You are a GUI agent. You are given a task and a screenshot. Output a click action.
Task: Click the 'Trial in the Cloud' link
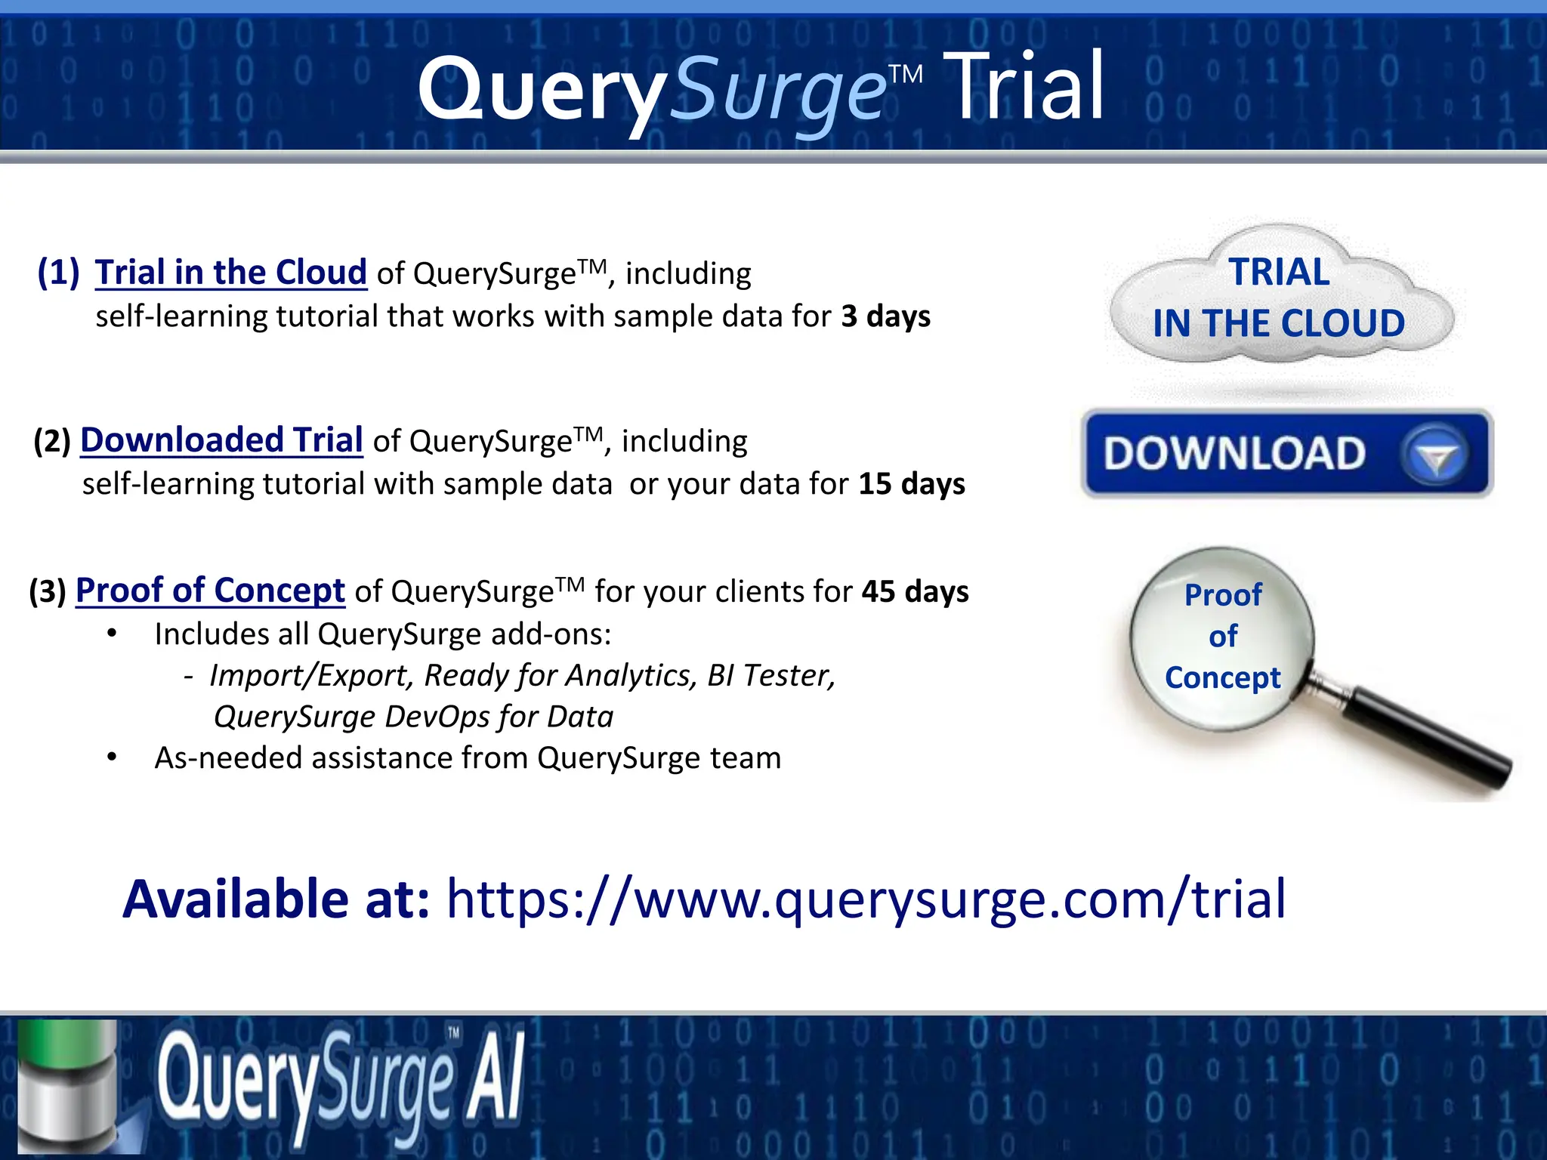tap(230, 273)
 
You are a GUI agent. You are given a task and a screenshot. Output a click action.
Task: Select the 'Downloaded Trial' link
tap(221, 440)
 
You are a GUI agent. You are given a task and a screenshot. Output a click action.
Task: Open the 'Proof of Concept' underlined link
tap(210, 591)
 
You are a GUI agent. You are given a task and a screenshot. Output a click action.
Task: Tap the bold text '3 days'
tap(886, 316)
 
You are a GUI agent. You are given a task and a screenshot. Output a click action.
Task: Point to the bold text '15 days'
tap(912, 484)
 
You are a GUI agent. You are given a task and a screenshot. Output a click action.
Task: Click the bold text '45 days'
tap(915, 591)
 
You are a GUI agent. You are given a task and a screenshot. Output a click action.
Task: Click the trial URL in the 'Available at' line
tap(866, 899)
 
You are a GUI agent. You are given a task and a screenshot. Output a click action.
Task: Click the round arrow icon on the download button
tap(1434, 455)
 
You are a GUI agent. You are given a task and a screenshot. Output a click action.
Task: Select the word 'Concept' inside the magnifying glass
tap(1222, 677)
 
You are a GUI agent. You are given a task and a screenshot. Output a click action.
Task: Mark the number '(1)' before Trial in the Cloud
tap(58, 273)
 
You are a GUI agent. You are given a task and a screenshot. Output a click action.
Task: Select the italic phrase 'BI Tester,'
tap(771, 675)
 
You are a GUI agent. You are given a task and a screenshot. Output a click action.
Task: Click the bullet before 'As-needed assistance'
tap(112, 757)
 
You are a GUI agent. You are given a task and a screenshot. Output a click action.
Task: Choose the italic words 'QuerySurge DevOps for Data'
tap(413, 717)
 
